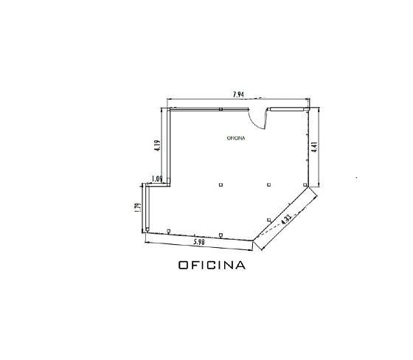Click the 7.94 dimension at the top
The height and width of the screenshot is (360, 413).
click(239, 94)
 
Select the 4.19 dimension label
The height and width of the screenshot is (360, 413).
click(158, 145)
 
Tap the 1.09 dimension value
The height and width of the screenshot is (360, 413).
click(157, 179)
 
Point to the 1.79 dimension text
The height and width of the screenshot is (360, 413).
click(138, 207)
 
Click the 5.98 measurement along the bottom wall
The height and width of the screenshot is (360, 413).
click(199, 242)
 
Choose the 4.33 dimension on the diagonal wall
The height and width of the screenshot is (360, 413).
click(286, 219)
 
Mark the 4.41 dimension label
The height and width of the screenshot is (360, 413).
click(314, 148)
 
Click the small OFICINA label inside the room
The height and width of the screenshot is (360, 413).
click(236, 138)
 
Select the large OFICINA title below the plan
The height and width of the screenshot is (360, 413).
click(212, 265)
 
